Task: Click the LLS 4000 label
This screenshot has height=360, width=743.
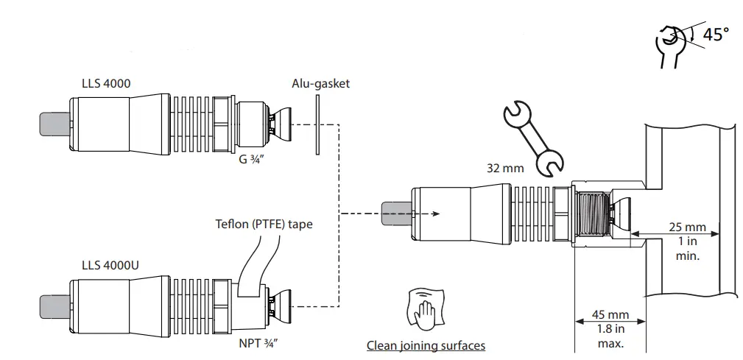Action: coord(106,84)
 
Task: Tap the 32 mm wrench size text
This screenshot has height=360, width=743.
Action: coord(505,169)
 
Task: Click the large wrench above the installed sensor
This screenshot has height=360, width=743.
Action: coord(532,138)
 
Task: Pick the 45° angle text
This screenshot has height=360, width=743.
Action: coord(714,35)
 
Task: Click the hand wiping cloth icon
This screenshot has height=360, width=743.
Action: coord(424,309)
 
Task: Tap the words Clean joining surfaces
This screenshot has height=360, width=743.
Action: coord(426,345)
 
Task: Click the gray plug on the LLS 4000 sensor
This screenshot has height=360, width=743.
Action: coord(54,124)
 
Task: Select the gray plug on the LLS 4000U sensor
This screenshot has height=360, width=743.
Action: coord(54,303)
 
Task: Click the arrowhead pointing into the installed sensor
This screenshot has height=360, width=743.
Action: coord(437,213)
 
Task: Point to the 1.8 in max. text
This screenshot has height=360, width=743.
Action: coord(609,336)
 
